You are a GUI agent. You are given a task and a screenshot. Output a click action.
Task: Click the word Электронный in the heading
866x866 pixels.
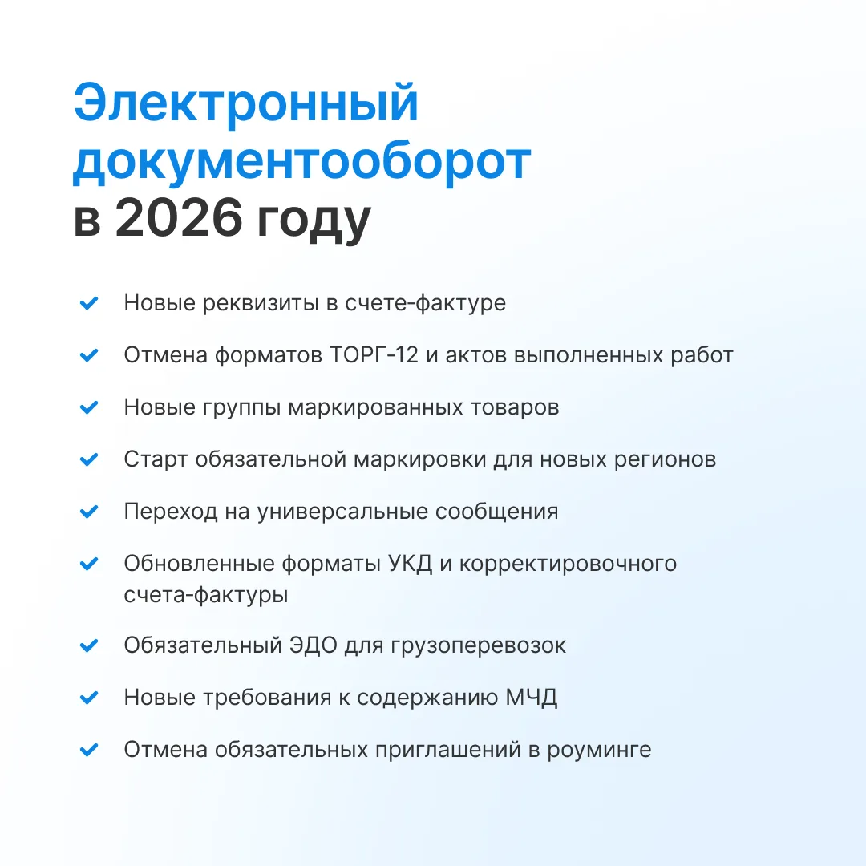[246, 103]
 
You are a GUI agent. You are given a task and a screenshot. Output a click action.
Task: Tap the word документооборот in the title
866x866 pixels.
[302, 162]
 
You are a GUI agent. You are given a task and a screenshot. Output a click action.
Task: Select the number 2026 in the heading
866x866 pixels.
[179, 217]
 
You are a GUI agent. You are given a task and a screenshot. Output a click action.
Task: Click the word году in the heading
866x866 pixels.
[314, 221]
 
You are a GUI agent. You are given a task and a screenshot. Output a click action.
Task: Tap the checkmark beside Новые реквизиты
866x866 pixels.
[89, 302]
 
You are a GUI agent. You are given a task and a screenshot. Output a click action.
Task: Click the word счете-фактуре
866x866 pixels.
[425, 303]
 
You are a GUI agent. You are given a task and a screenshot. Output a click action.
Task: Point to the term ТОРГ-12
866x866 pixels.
[374, 355]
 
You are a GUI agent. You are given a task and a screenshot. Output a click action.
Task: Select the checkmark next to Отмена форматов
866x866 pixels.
[89, 355]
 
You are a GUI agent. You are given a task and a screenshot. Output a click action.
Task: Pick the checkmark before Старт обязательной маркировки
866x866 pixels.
[89, 459]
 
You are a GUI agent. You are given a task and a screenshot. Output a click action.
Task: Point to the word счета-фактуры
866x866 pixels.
[206, 595]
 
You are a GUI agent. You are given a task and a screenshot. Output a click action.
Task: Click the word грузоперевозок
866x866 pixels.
[478, 646]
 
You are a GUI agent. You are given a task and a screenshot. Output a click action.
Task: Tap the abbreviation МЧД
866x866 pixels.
[532, 698]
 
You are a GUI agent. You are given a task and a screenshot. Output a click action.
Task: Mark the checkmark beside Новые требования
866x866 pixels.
[89, 698]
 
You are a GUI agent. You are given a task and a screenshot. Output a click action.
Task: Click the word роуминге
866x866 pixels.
[599, 751]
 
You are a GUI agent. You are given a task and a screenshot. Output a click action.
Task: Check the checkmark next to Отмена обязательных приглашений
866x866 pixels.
[89, 750]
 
